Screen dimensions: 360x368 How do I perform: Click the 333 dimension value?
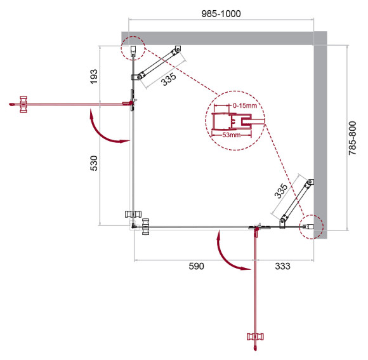(x=281, y=266)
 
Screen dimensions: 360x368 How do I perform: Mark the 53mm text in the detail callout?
(x=230, y=135)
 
